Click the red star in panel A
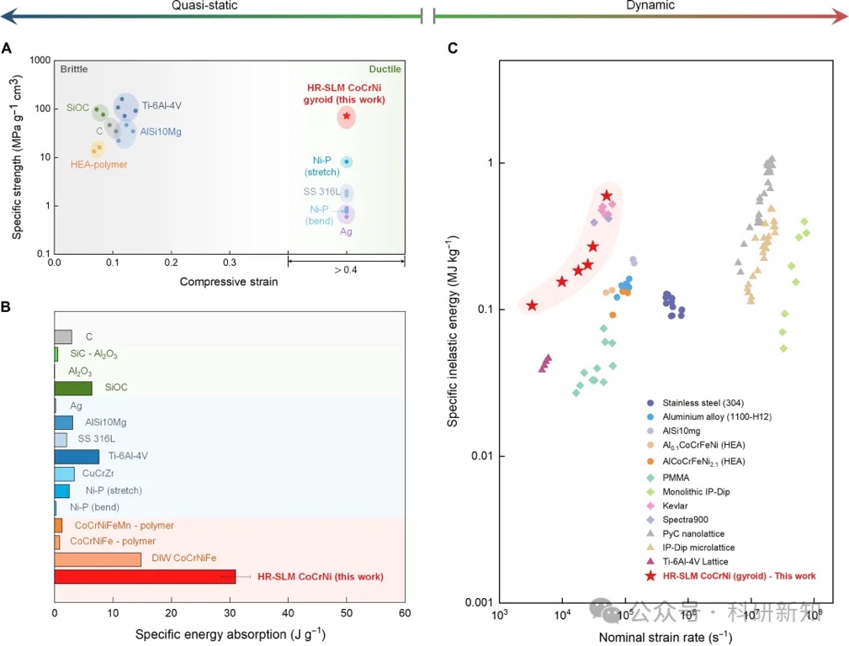(x=346, y=115)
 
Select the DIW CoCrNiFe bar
(x=98, y=559)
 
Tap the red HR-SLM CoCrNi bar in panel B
(x=145, y=576)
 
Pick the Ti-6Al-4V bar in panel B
(x=77, y=457)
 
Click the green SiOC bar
(x=73, y=388)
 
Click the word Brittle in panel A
(x=74, y=69)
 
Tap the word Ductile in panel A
(x=385, y=69)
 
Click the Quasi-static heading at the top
(x=204, y=6)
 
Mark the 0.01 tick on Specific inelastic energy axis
(x=480, y=456)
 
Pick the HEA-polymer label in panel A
(x=99, y=165)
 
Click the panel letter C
(x=453, y=49)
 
